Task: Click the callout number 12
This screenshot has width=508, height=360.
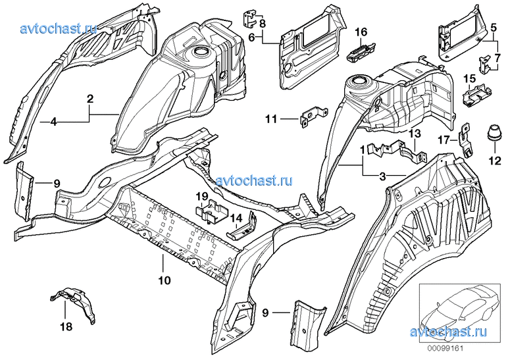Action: (495, 161)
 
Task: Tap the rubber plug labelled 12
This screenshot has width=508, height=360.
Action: (495, 134)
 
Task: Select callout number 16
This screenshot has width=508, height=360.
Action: (361, 32)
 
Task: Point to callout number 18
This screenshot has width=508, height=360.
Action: (66, 326)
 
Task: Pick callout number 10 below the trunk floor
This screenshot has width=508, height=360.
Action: (165, 280)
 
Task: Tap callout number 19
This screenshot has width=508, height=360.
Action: (201, 196)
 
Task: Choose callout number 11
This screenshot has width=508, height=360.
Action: (271, 119)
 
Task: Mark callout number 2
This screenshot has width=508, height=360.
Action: (89, 99)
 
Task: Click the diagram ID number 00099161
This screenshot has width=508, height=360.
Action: (445, 349)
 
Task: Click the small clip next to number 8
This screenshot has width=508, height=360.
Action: (250, 20)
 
